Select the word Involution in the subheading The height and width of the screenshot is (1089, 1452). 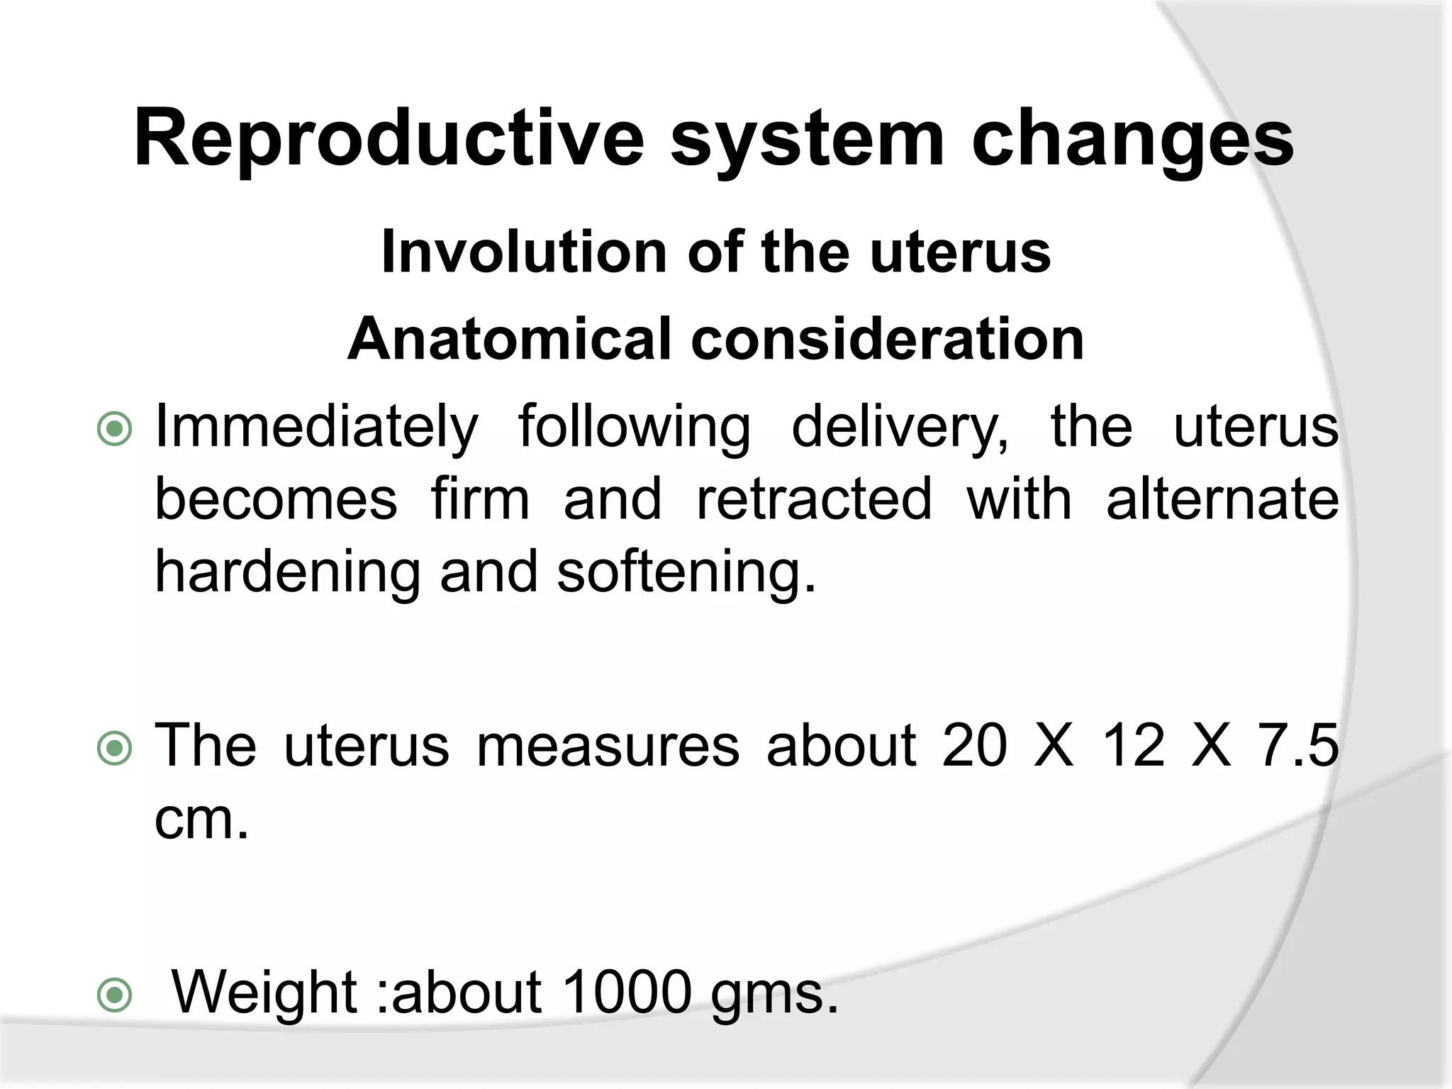click(x=524, y=252)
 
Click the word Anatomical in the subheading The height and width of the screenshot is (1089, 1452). click(x=509, y=339)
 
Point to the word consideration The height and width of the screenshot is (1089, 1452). click(x=887, y=339)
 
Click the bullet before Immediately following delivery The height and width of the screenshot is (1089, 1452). click(x=114, y=429)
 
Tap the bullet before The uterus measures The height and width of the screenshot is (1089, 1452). click(x=114, y=749)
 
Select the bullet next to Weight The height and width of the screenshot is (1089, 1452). click(x=114, y=995)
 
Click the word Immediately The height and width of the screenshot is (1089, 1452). click(x=316, y=428)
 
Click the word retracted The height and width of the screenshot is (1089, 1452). click(x=814, y=500)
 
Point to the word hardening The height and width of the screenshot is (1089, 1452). click(x=288, y=572)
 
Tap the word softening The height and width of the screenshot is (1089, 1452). click(x=686, y=572)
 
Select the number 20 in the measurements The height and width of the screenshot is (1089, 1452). click(x=974, y=746)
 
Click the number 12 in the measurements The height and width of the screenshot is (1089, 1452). click(x=1132, y=746)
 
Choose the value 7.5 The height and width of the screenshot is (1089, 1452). click(x=1297, y=746)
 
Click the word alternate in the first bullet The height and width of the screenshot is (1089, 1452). click(x=1222, y=500)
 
